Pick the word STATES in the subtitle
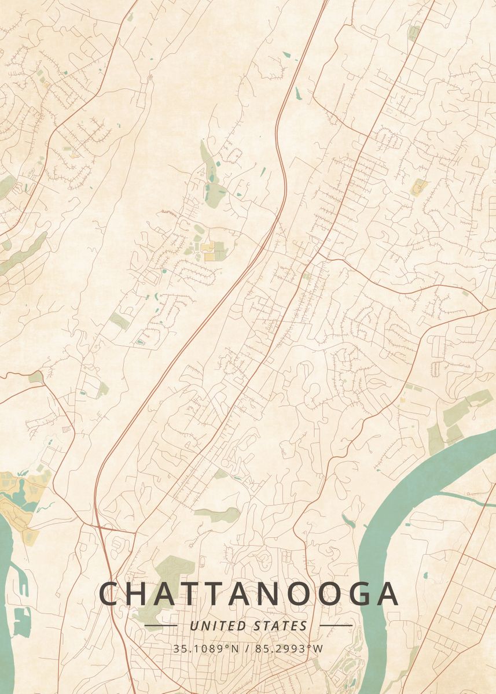[281, 626]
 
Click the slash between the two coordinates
[248, 648]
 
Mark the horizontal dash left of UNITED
[160, 625]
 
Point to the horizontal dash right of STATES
[336, 625]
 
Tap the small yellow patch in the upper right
[419, 187]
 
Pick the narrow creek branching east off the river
[463, 499]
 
